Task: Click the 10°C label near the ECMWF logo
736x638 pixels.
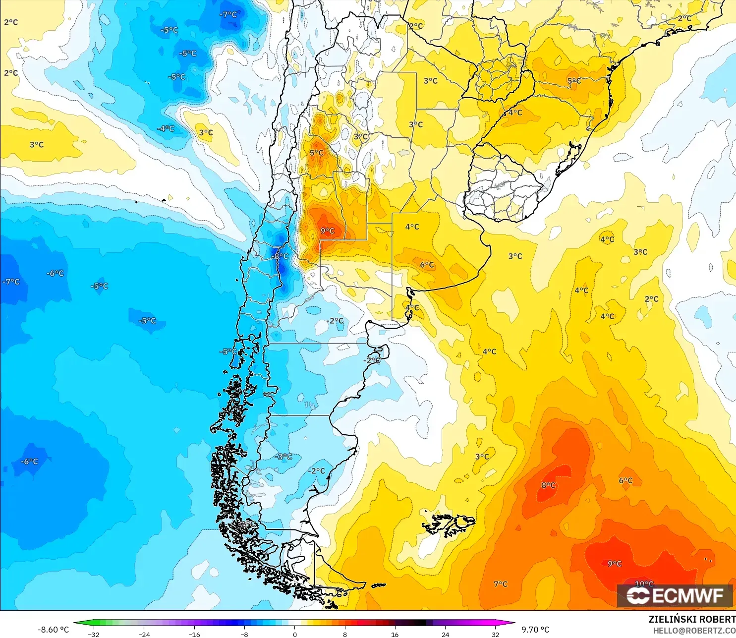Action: tap(644, 583)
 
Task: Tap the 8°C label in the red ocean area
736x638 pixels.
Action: tap(548, 485)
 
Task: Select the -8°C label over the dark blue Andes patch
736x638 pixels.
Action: tap(280, 256)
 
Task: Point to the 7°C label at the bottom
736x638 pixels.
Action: tap(501, 584)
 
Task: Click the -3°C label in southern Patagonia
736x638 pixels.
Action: tap(283, 457)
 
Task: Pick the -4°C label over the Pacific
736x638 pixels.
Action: tap(166, 128)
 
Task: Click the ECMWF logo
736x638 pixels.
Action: tap(675, 595)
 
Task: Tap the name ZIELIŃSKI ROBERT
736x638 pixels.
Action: tap(692, 619)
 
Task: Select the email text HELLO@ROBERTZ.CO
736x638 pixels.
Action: tap(694, 631)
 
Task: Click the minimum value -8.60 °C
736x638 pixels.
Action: tap(54, 630)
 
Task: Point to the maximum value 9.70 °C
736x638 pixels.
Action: tap(535, 630)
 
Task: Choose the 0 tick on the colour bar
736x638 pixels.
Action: tap(295, 634)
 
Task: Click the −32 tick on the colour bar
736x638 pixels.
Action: tap(94, 634)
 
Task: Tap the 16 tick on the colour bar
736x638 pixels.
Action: tap(395, 634)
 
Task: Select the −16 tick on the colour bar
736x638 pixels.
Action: tap(194, 634)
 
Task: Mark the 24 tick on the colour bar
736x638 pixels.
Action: tap(446, 634)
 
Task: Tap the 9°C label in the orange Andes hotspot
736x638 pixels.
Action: tap(328, 231)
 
